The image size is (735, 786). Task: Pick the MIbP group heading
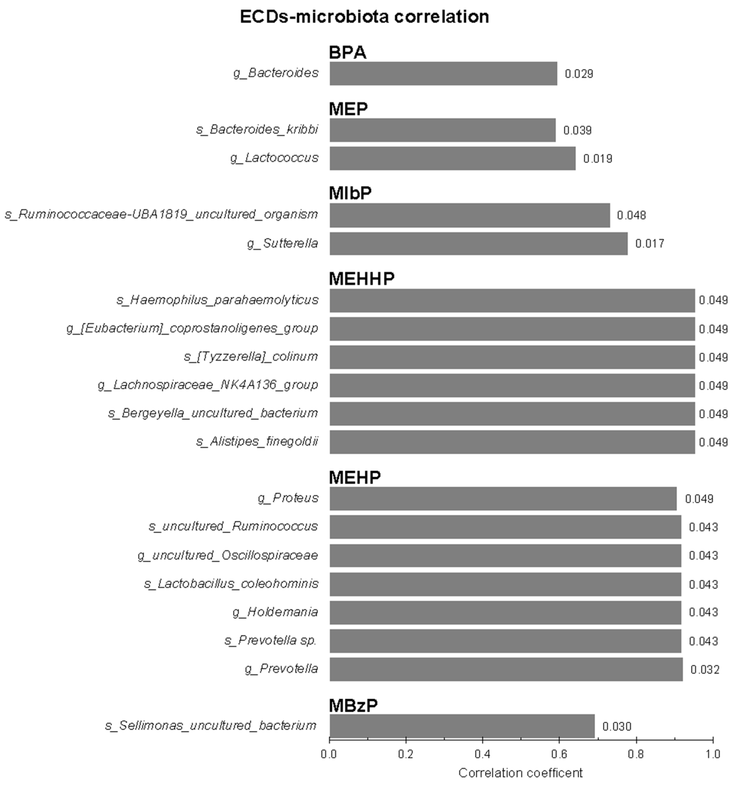pyautogui.click(x=350, y=193)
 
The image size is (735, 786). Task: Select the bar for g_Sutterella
pyautogui.click(x=478, y=243)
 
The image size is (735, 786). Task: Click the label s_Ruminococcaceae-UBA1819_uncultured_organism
pyautogui.click(x=161, y=215)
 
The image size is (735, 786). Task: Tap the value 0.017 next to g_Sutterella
pyautogui.click(x=649, y=243)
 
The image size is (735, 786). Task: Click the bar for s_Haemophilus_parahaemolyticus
pyautogui.click(x=512, y=300)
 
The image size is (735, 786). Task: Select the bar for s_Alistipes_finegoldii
pyautogui.click(x=512, y=442)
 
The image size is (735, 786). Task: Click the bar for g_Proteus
pyautogui.click(x=503, y=499)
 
